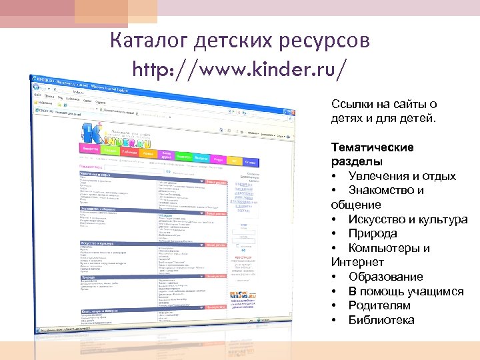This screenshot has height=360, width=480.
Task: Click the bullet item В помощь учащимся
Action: [x=405, y=291]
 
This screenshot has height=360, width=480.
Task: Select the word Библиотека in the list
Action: [x=381, y=320]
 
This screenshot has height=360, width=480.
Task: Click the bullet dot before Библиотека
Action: [x=334, y=320]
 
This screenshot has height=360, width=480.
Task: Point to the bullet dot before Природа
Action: [x=334, y=234]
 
